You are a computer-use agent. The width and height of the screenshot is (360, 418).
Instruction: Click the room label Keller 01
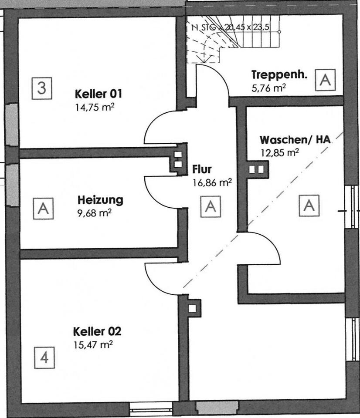coord(98,94)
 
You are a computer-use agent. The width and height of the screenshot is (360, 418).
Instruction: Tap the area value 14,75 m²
coord(95,107)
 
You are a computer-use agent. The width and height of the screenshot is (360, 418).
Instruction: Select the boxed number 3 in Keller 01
coord(41,88)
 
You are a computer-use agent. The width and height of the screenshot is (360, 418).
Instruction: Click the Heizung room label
coord(100,200)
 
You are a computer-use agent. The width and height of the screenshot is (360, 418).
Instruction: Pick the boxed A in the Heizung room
coord(43,209)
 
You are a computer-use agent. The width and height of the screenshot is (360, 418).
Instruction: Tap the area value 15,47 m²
coord(94,345)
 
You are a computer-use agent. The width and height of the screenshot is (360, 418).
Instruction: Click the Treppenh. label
coord(280,74)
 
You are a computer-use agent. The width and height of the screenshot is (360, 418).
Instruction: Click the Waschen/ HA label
coord(295,140)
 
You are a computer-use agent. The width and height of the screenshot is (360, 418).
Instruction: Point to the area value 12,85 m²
coord(279,152)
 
